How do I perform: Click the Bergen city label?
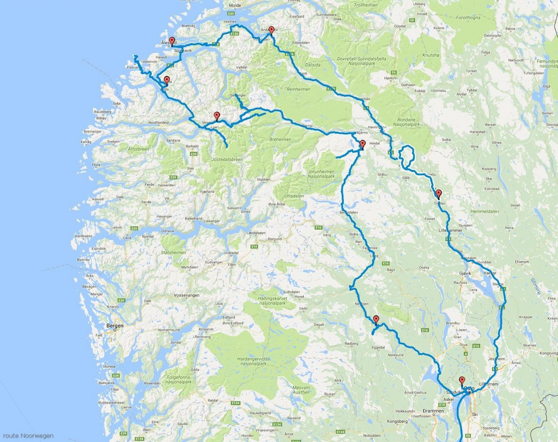[x=115, y=326]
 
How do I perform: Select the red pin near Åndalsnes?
[x=271, y=29]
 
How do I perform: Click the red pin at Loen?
[x=217, y=115]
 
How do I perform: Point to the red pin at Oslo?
[x=462, y=380]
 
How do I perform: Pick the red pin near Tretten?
[x=439, y=193]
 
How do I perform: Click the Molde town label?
[x=235, y=5]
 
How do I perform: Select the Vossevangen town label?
[x=186, y=295]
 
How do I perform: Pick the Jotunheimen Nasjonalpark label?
[x=321, y=174]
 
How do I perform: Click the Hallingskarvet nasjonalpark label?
[x=273, y=301]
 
